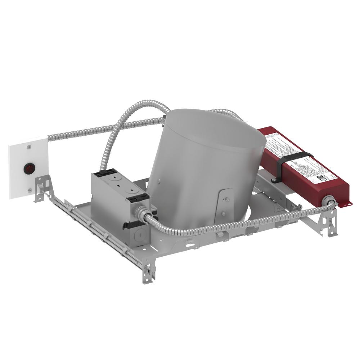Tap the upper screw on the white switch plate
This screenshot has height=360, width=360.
tap(28, 147)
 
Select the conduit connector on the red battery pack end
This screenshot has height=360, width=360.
tap(328, 200)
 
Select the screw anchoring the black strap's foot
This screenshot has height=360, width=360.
tap(274, 179)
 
